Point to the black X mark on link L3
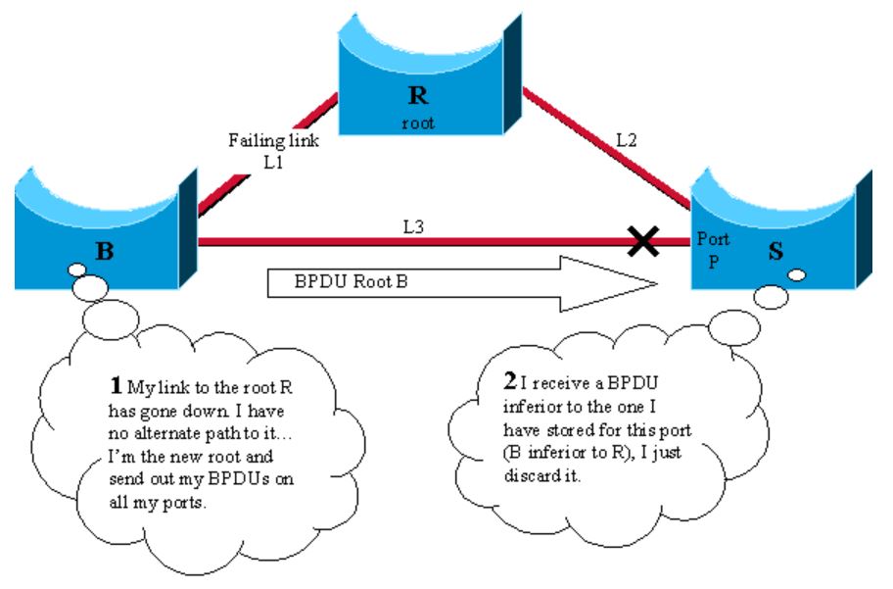click(x=642, y=241)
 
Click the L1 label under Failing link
click(x=274, y=162)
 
